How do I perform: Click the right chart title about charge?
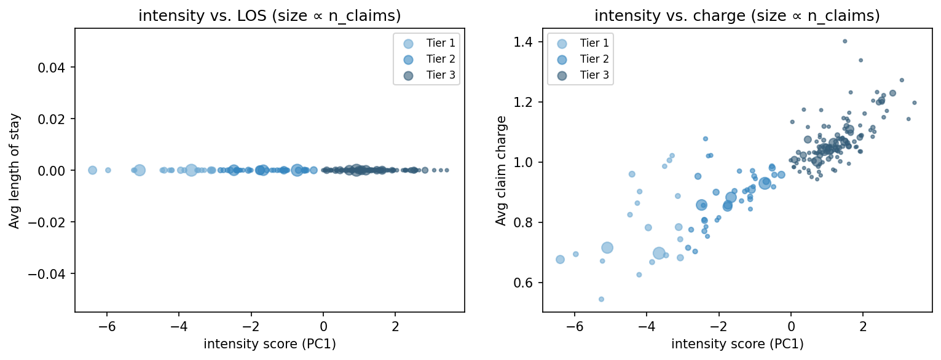point(737,17)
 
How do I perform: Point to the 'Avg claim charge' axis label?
point(502,170)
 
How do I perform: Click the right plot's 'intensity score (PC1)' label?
point(737,345)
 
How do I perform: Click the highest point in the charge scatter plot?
point(845,41)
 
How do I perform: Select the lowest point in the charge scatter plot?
point(601,299)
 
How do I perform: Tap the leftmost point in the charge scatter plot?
point(560,259)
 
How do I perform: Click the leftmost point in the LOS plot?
point(92,170)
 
